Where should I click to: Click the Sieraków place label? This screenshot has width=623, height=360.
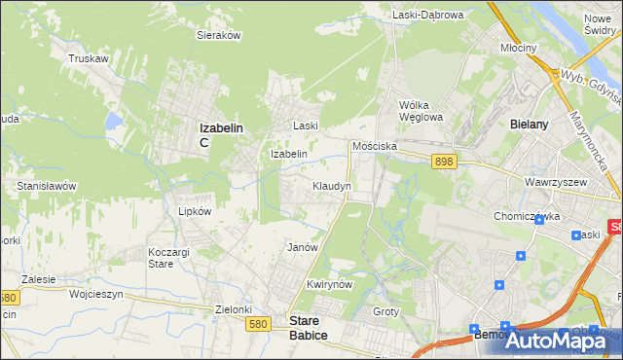219,34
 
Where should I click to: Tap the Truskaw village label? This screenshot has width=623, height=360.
87,58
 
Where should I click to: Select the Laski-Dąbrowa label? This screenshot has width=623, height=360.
428,15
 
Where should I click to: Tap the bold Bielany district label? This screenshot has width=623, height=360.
530,125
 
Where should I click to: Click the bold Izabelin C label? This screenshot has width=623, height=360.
220,134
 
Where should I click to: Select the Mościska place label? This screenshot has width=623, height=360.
374,145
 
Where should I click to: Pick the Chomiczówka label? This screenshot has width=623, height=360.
527,216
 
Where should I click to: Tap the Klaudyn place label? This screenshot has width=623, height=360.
331,185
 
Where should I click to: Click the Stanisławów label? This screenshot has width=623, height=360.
47,185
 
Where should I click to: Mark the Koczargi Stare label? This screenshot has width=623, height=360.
161,257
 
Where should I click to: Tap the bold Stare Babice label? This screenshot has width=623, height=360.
308,327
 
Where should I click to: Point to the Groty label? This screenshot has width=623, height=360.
386,310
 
